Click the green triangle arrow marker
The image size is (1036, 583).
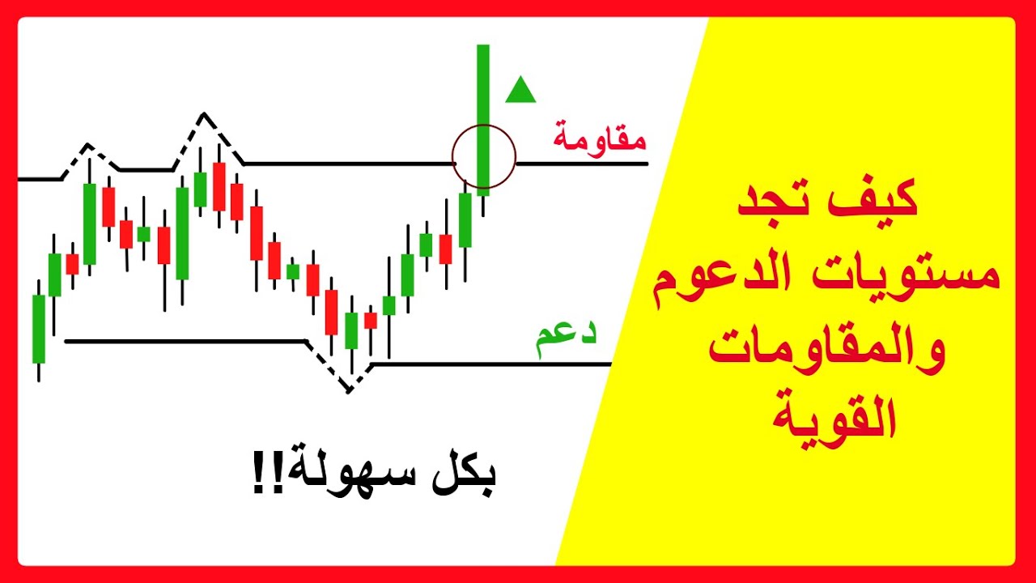(520, 91)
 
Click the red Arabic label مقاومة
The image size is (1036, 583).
(600, 137)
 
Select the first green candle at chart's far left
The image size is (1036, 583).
(39, 328)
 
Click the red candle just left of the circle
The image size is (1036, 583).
(445, 249)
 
